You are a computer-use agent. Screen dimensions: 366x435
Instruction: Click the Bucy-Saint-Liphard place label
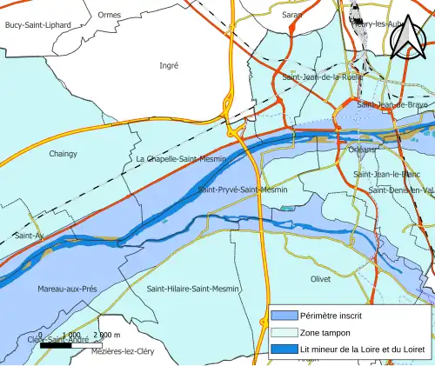tap(37, 26)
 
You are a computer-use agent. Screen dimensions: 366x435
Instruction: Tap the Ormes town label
tap(110, 15)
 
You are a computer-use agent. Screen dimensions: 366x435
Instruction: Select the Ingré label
tap(169, 65)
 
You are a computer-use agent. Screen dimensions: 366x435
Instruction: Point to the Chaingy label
tap(63, 154)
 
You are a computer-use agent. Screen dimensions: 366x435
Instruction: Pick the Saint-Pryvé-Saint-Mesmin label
tap(243, 190)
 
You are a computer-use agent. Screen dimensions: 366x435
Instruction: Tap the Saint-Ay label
tap(29, 236)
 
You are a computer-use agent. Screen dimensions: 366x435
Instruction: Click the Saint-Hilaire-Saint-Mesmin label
tap(193, 289)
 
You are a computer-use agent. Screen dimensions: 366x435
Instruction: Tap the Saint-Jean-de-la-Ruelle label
tap(323, 77)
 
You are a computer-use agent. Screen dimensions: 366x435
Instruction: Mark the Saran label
tap(292, 15)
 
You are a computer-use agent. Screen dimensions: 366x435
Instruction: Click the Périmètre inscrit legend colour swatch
tap(283, 316)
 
